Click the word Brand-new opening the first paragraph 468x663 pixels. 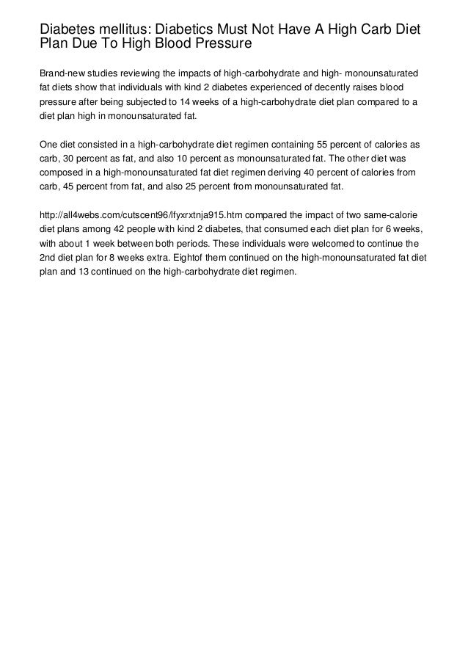click(x=62, y=75)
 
